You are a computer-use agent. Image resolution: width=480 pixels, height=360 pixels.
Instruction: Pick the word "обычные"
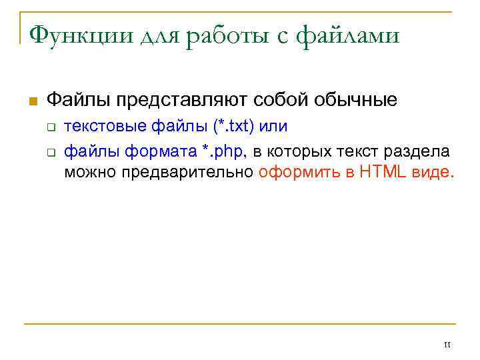[x=354, y=101]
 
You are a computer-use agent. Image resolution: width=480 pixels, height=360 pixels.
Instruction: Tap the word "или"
[x=273, y=127]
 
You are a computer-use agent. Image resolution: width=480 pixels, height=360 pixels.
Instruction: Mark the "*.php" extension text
[x=223, y=151]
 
